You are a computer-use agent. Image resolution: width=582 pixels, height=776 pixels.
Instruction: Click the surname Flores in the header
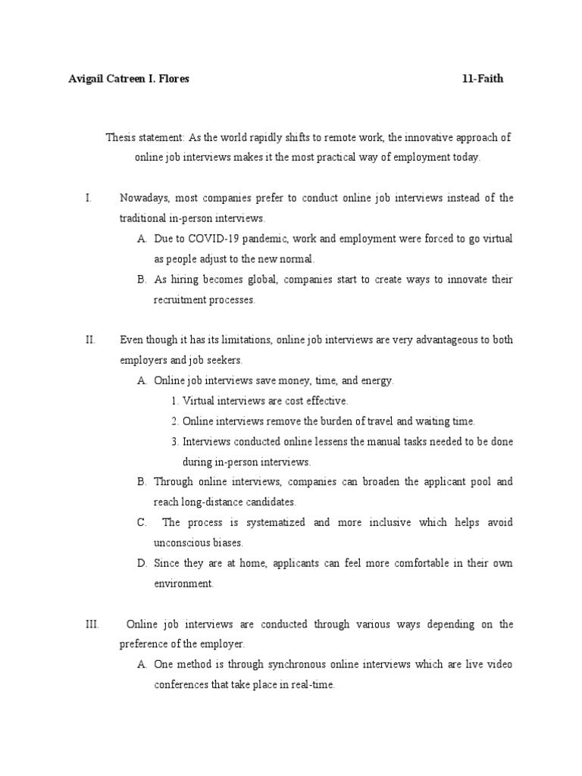[174, 79]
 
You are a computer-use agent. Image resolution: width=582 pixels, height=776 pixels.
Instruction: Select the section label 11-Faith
[483, 79]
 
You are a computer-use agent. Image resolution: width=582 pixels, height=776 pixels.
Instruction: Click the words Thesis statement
[145, 137]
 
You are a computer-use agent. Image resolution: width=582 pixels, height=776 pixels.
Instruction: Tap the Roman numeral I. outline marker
[89, 198]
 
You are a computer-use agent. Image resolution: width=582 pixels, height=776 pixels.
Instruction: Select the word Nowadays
[145, 198]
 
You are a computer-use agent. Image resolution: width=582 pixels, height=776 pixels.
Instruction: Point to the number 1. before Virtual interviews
[174, 401]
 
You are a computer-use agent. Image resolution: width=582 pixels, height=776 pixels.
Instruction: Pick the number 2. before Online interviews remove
[174, 421]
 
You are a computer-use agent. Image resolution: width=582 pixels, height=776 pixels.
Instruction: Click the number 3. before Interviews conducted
[174, 441]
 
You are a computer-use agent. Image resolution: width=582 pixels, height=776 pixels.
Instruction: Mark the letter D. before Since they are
[142, 563]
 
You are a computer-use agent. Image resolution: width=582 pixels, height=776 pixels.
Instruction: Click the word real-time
[307, 684]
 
